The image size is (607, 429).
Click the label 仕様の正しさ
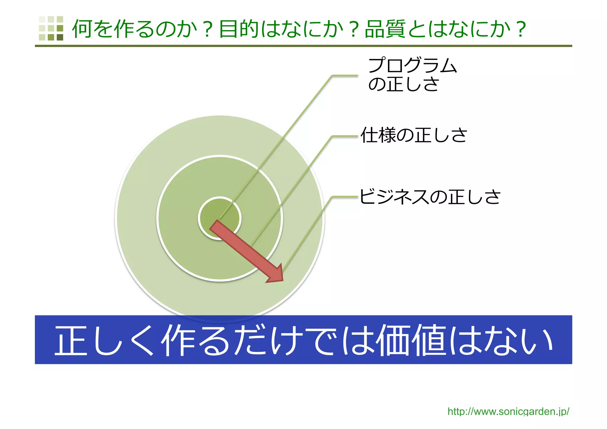pyautogui.click(x=414, y=135)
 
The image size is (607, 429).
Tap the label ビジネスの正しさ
pyautogui.click(x=430, y=197)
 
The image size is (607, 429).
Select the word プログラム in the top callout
pyautogui.click(x=412, y=66)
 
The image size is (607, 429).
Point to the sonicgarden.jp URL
pyautogui.click(x=508, y=412)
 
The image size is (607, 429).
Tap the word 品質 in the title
pyautogui.click(x=385, y=29)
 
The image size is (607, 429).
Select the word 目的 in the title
pyautogui.click(x=239, y=29)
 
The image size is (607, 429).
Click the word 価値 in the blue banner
pyautogui.click(x=411, y=340)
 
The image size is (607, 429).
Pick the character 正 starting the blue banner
pyautogui.click(x=71, y=340)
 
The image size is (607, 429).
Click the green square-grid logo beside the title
pyautogui.click(x=51, y=28)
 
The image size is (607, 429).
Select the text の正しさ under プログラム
pyautogui.click(x=403, y=84)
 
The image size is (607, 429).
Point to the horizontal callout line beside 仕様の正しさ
pyautogui.click(x=345, y=136)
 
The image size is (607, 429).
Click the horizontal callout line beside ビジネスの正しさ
pyautogui.click(x=345, y=196)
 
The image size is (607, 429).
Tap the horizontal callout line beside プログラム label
pyautogui.click(x=345, y=76)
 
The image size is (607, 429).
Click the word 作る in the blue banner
pyautogui.click(x=196, y=340)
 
